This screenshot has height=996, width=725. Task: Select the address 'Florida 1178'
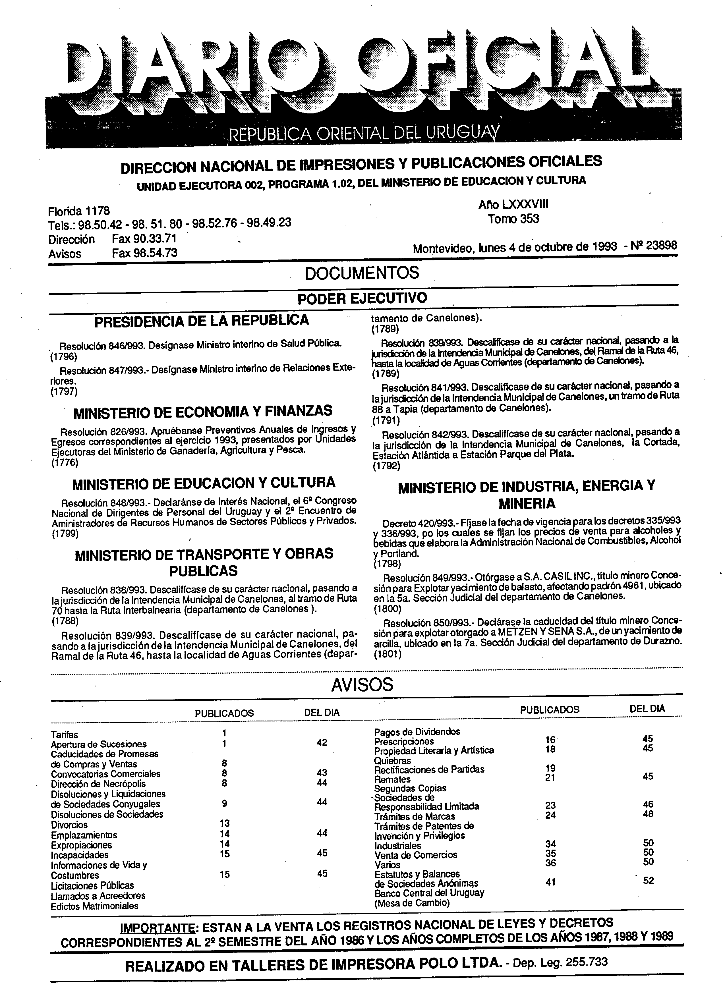(78, 211)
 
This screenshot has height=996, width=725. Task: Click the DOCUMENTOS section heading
(362, 273)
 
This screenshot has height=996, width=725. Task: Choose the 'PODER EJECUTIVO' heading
(362, 298)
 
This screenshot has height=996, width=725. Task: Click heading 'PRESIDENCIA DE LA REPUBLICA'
(202, 320)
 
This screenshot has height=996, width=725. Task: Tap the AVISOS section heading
(362, 684)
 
